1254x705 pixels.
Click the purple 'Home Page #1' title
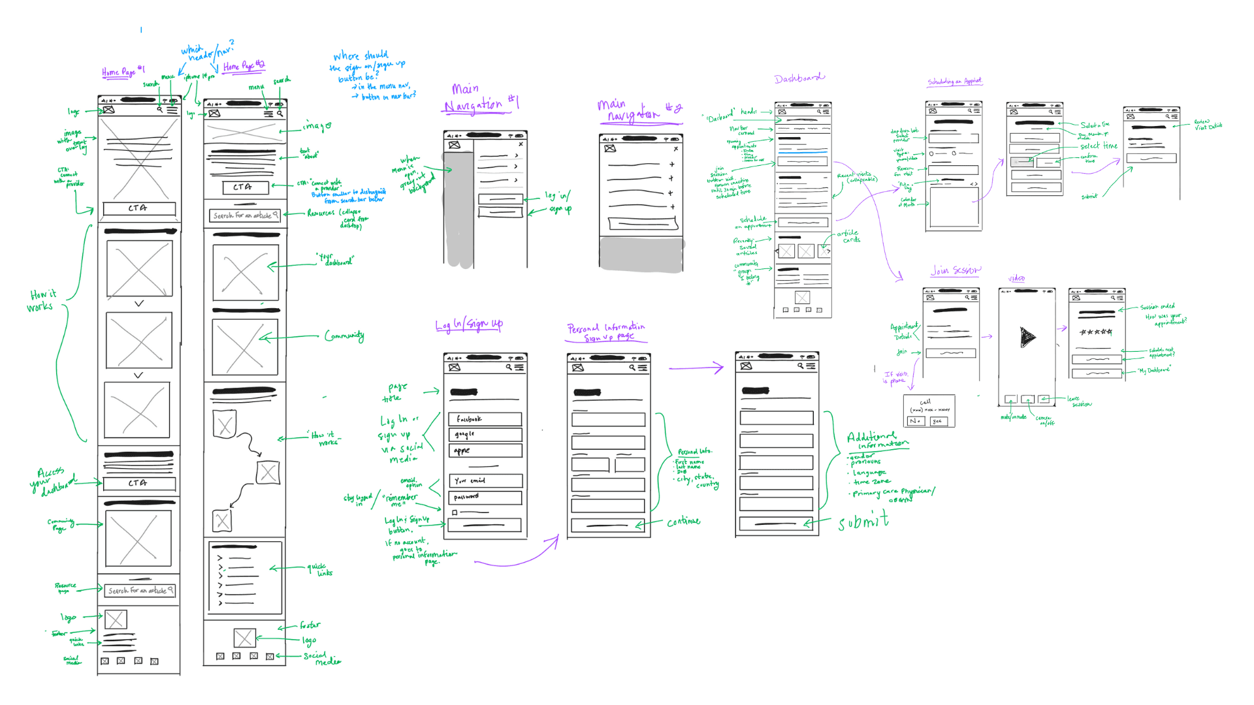(x=123, y=72)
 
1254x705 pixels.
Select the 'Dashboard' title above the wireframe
(x=799, y=78)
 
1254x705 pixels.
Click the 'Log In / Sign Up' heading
(x=469, y=324)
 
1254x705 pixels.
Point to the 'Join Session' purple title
(x=956, y=270)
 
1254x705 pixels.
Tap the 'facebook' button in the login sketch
(x=485, y=419)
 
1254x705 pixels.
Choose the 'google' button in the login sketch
(x=485, y=435)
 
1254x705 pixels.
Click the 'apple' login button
(x=485, y=450)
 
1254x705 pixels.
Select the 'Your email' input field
(x=485, y=481)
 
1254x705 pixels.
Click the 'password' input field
(x=485, y=497)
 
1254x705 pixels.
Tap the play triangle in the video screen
(x=1027, y=337)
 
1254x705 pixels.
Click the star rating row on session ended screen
(x=1096, y=332)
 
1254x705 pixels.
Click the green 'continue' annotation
(x=683, y=522)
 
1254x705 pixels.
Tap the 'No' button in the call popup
(x=916, y=422)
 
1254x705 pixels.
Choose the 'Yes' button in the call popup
(x=938, y=422)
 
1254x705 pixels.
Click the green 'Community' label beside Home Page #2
(x=344, y=336)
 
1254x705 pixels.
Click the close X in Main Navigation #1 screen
(x=521, y=144)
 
